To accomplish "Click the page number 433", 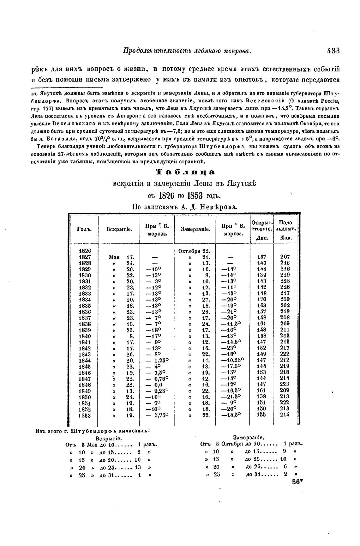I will tap(333, 51).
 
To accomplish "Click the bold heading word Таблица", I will tap(186, 172).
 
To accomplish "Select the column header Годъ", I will tap(84, 229).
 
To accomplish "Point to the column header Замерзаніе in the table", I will tap(195, 229).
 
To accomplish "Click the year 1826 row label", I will tap(85, 251).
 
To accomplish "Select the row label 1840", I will tap(85, 336).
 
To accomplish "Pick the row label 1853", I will tap(85, 415).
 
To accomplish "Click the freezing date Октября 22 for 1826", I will tap(195, 251).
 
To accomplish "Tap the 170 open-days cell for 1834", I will tap(262, 300).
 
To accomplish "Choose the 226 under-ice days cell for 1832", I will tap(285, 288).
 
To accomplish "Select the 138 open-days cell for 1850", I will tap(262, 397).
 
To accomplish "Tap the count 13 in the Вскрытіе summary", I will tap(138, 467).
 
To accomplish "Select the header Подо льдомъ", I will tap(286, 226).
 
